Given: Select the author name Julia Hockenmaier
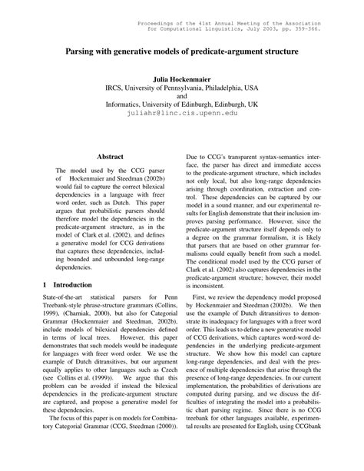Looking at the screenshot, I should coord(181,79).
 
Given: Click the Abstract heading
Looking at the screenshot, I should coord(108,156).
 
